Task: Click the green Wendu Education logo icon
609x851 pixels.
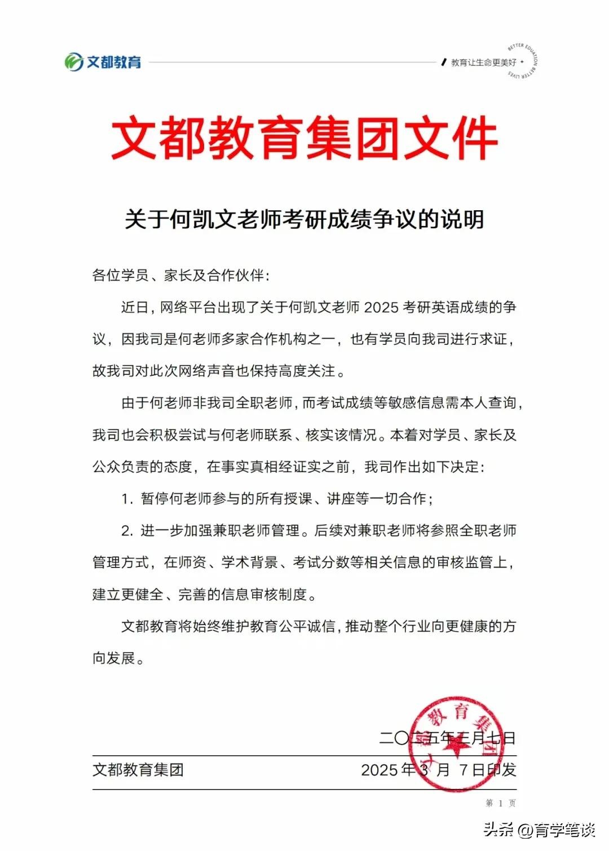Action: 74,62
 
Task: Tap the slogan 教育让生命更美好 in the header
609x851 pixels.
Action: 483,63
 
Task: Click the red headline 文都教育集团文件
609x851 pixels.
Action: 304,138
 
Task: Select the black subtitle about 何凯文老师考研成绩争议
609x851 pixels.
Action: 304,219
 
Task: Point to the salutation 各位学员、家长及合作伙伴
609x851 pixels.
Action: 180,275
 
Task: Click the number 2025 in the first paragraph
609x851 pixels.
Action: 381,308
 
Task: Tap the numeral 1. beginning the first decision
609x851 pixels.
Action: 127,499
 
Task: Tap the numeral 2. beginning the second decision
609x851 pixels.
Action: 127,531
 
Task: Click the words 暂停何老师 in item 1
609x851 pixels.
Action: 169,499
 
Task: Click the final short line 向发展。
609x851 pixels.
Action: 118,658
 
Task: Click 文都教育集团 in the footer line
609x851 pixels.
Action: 138,770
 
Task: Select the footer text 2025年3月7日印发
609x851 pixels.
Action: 438,770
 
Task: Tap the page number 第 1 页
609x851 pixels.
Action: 501,803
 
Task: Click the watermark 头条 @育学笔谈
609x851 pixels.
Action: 539,830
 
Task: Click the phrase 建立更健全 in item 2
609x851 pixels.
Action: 128,595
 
